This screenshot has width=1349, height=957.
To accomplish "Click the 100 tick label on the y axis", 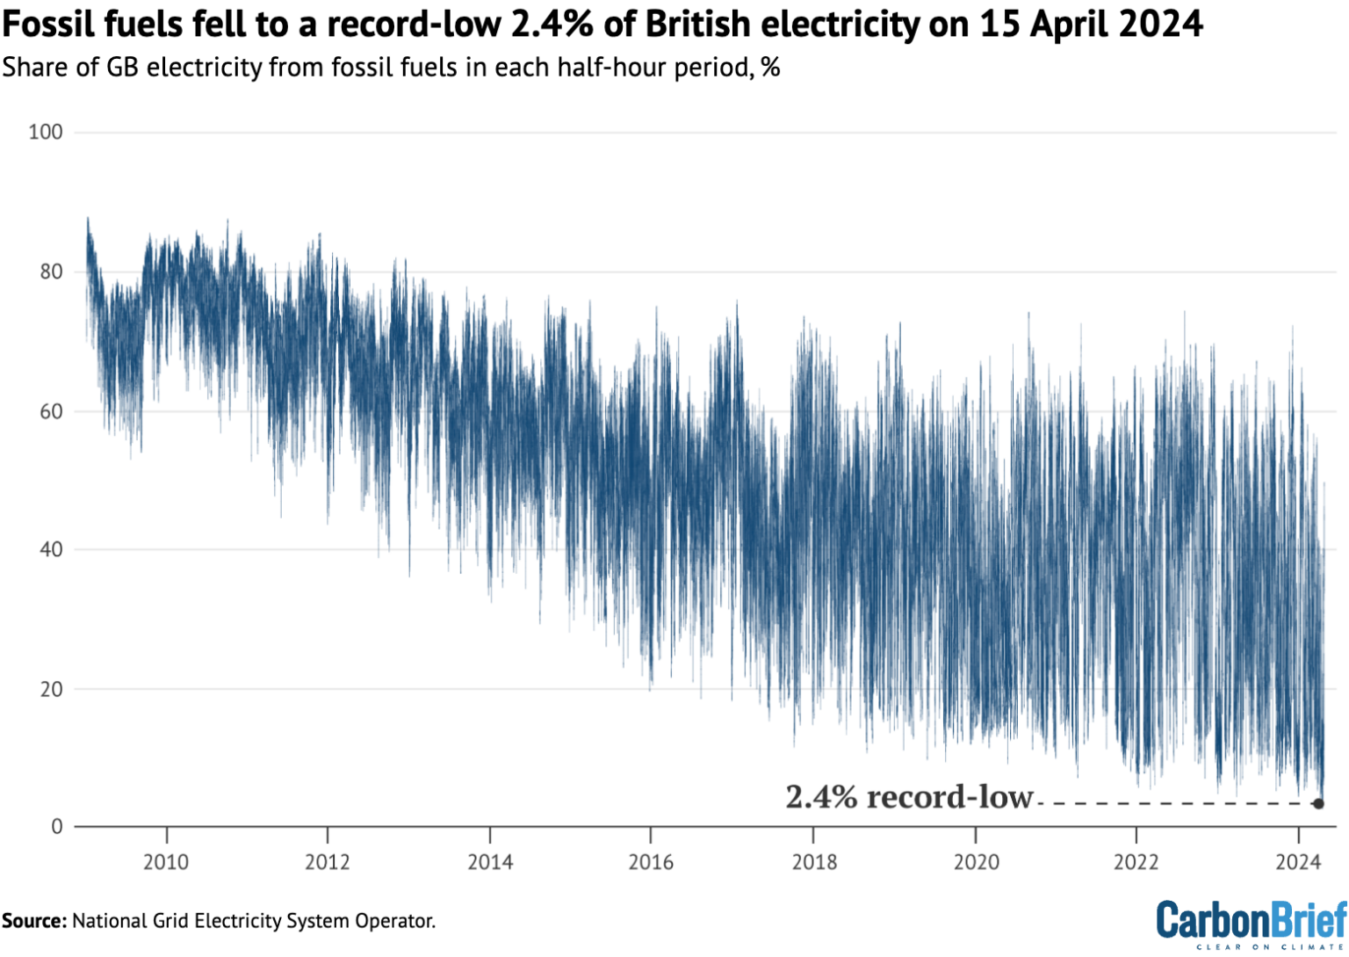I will pos(45,132).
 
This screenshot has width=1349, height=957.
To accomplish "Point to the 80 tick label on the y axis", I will pos(50,272).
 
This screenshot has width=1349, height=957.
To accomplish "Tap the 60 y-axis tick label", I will pos(50,411).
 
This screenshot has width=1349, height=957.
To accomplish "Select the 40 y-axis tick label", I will pos(50,549).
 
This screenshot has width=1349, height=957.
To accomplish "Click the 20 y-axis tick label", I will pos(50,689).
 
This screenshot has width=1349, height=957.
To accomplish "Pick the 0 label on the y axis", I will pos(56,826).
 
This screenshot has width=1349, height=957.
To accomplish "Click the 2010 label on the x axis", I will pos(166,862).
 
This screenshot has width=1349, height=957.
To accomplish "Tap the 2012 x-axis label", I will pos(328,862).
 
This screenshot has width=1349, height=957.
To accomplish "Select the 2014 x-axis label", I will pos(490,862).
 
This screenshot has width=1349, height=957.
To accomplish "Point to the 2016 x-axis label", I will pos(651,862).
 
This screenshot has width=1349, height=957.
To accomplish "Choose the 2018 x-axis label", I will pos(814,862).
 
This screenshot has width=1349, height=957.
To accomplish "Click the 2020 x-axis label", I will pos(976,862).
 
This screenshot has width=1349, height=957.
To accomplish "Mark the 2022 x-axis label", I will pos(1136,862).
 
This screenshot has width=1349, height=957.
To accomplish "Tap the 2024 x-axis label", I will pos(1298,862).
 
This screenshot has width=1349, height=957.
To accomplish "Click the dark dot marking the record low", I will pos(1318,803).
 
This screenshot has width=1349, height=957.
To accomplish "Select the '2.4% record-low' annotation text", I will pos(909,797).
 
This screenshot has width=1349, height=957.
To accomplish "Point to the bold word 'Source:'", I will pos(34,921).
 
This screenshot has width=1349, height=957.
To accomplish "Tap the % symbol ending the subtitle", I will pos(770,68).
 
